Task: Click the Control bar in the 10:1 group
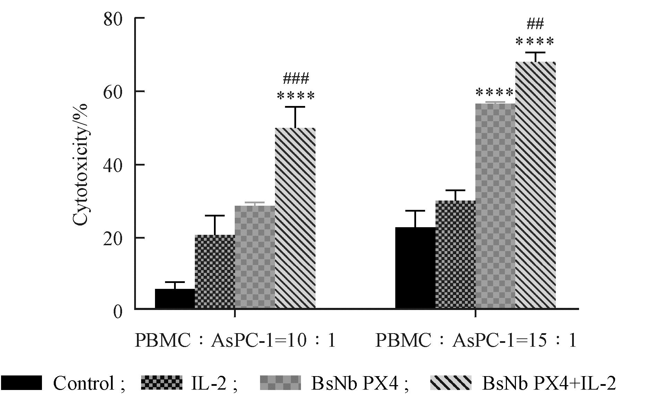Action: pos(175,299)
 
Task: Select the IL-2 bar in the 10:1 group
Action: pos(215,272)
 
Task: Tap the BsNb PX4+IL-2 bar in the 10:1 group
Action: pos(295,218)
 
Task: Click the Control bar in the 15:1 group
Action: pos(415,268)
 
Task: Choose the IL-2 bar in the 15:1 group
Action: pos(455,255)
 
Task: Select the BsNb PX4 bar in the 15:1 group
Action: pos(495,206)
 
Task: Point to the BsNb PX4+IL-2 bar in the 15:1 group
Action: pos(535,185)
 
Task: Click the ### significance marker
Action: pos(295,79)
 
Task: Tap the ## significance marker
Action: pos(535,24)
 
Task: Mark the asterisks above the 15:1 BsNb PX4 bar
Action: pos(495,93)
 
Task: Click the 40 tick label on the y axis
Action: pos(113,165)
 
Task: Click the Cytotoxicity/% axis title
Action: pos(80,165)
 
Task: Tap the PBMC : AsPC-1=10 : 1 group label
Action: pos(235,340)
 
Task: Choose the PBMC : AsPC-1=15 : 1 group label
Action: pos(476,340)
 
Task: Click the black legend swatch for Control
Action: pos(21,383)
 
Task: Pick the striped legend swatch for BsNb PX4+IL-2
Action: pos(451,383)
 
